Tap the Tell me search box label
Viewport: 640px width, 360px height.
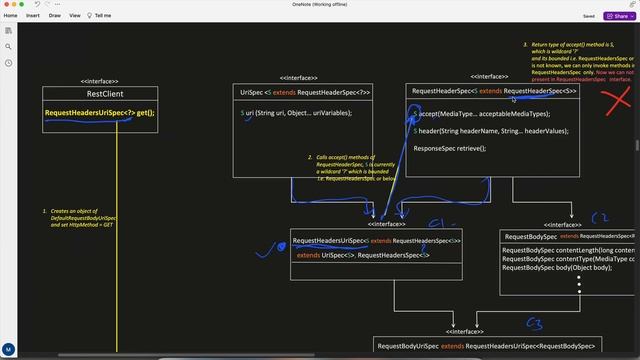click(103, 16)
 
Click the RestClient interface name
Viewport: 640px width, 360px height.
click(105, 94)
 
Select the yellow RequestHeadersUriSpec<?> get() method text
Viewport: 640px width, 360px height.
click(99, 113)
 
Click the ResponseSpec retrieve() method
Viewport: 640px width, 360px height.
click(449, 148)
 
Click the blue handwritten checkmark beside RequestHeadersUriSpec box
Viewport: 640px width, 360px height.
click(266, 246)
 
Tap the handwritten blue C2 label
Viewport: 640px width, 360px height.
click(600, 216)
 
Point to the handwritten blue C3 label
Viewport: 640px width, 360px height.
click(534, 323)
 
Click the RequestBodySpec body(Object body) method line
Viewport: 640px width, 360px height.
click(556, 268)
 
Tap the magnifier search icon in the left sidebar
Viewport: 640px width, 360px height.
click(8, 45)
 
